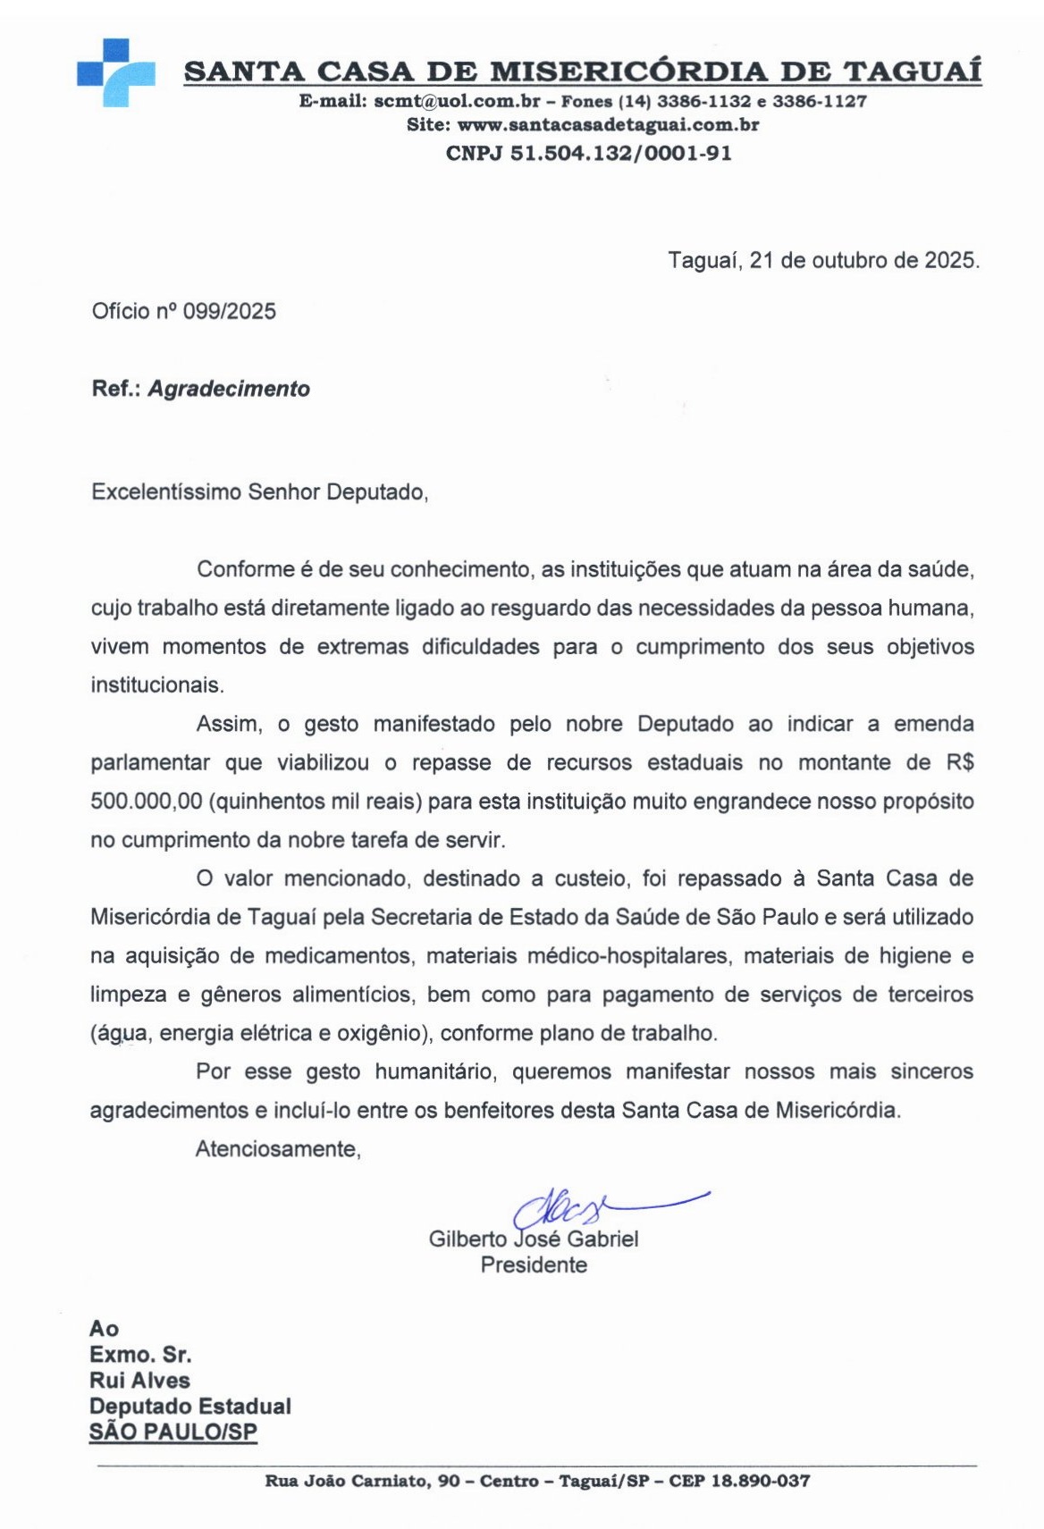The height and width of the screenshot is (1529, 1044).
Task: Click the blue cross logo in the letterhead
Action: pyautogui.click(x=116, y=73)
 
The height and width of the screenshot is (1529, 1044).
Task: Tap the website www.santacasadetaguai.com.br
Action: pyautogui.click(x=608, y=125)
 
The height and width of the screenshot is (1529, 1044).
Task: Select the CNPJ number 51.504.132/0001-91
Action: pyautogui.click(x=620, y=154)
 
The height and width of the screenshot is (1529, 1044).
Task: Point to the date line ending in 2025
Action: pyautogui.click(x=823, y=261)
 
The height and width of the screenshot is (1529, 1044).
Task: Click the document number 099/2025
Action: pyautogui.click(x=230, y=312)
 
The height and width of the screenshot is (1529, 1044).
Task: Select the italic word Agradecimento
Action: pyautogui.click(x=229, y=390)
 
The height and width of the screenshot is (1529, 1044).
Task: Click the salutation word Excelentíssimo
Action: pyautogui.click(x=166, y=492)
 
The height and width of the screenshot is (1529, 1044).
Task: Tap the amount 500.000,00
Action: pyautogui.click(x=147, y=802)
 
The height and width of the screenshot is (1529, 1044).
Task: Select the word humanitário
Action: pyautogui.click(x=433, y=1072)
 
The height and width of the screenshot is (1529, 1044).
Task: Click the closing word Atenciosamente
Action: pyautogui.click(x=278, y=1149)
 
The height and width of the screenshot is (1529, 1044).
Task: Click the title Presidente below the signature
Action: pyautogui.click(x=534, y=1265)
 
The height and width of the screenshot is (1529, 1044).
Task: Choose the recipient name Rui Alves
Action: pyautogui.click(x=139, y=1381)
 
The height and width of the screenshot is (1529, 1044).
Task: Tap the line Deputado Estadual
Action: pyautogui.click(x=190, y=1407)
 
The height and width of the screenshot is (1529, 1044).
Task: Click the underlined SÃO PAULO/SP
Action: pyautogui.click(x=173, y=1432)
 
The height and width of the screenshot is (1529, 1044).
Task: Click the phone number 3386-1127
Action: pyautogui.click(x=820, y=102)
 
